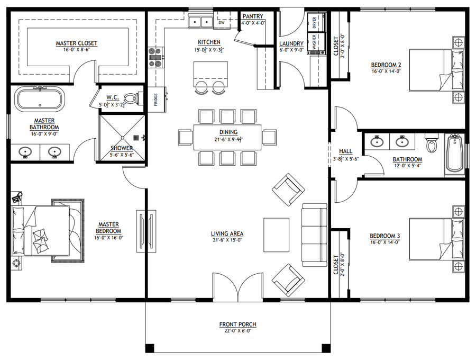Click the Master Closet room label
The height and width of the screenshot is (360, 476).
click(x=77, y=43)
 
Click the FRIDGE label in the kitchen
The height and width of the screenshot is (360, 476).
click(x=155, y=100)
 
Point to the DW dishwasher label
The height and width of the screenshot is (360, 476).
click(x=221, y=22)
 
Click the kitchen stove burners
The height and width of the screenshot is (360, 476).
click(x=155, y=57)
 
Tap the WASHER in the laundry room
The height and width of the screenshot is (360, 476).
click(x=316, y=42)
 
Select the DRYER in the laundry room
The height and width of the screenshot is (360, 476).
click(x=316, y=22)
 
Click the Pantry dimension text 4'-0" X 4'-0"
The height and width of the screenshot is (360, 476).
click(x=253, y=23)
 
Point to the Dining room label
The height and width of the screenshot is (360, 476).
click(x=228, y=132)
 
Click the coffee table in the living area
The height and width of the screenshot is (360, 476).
click(x=276, y=235)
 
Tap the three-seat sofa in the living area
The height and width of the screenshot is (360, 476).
click(x=314, y=235)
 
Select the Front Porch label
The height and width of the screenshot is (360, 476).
click(x=237, y=325)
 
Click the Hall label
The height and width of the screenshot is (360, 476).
click(x=346, y=151)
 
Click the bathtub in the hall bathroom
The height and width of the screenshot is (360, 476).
click(x=454, y=155)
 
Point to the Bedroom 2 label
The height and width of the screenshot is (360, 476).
click(x=386, y=65)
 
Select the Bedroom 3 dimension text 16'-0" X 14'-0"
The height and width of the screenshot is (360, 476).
click(x=385, y=242)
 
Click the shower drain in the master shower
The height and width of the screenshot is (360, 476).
click(x=136, y=138)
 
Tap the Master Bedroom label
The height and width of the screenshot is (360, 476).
click(x=108, y=228)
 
